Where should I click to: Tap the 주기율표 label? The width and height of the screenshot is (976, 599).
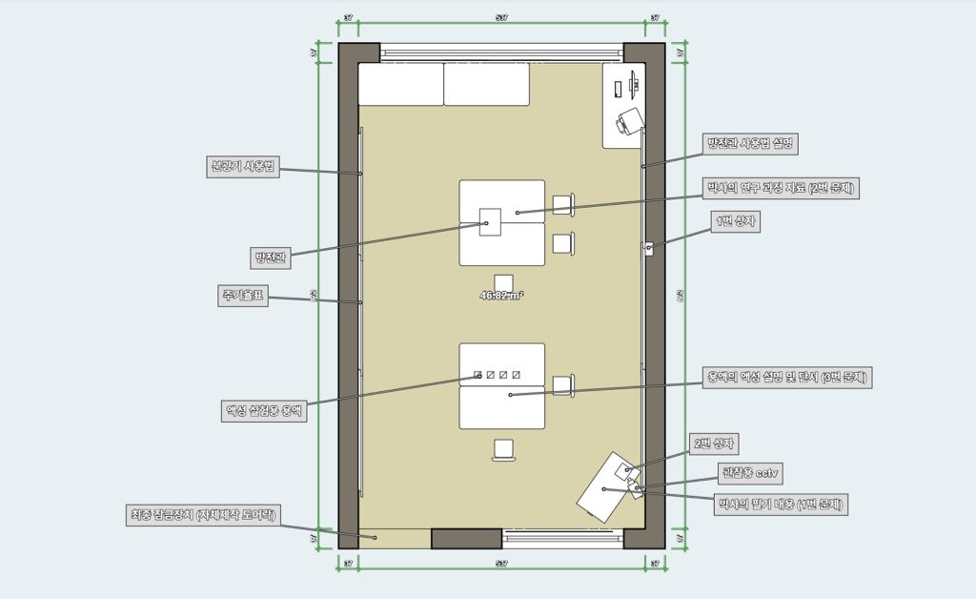pyautogui.click(x=240, y=297)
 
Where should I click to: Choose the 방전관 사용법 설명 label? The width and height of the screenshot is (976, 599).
pyautogui.click(x=749, y=144)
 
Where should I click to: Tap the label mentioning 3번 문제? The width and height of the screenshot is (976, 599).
pyautogui.click(x=786, y=377)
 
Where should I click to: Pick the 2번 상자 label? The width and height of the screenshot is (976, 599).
pyautogui.click(x=716, y=444)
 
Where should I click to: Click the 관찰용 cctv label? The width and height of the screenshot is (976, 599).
pyautogui.click(x=751, y=472)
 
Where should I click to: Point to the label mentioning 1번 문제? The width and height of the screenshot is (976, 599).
pyautogui.click(x=781, y=503)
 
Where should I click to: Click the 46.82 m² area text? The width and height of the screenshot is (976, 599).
pyautogui.click(x=501, y=296)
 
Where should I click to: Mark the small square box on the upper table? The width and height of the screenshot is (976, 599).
pyautogui.click(x=490, y=219)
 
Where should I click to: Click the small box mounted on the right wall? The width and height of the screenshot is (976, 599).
pyautogui.click(x=648, y=248)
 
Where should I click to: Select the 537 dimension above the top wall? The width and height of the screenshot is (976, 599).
pyautogui.click(x=501, y=18)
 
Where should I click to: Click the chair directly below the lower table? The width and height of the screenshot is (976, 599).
pyautogui.click(x=502, y=448)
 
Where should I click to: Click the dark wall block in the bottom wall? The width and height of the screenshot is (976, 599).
pyautogui.click(x=466, y=538)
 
